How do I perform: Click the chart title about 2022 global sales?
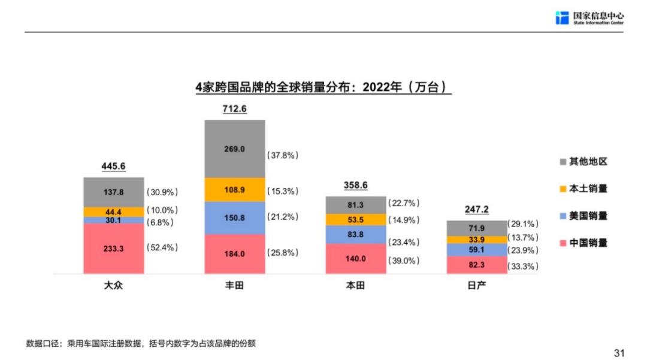323,87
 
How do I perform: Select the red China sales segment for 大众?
113,248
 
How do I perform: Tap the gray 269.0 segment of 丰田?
234,149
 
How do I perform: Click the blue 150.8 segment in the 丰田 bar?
234,217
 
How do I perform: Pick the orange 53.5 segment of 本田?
355,219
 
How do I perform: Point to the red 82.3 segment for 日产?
476,265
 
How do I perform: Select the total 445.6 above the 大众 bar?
113,167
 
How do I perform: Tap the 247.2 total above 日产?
476,210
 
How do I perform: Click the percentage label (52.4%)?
162,247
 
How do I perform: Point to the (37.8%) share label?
283,155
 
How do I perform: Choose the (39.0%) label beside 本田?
404,261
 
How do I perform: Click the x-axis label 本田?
355,286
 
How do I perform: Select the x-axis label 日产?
476,286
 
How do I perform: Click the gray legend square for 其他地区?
563,162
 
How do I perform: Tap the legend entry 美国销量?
588,216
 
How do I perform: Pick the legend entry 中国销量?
588,243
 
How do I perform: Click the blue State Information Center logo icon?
562,18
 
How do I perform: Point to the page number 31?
619,352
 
